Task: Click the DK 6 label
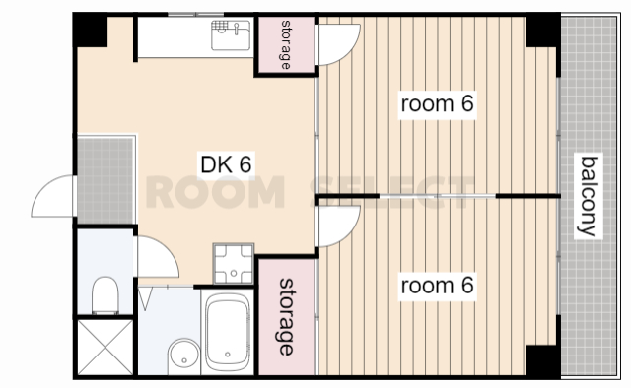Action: click(x=226, y=164)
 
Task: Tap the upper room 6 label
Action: click(x=437, y=103)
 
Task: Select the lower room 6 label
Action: click(x=437, y=285)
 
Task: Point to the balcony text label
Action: click(x=589, y=196)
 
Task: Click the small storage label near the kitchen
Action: click(x=285, y=44)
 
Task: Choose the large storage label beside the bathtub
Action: click(x=286, y=317)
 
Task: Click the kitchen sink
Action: click(x=231, y=35)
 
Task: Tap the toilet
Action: click(x=105, y=294)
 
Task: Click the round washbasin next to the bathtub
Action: click(x=184, y=356)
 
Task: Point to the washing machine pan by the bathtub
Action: click(x=234, y=263)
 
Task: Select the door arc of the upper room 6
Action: click(x=349, y=50)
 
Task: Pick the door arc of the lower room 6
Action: click(x=349, y=232)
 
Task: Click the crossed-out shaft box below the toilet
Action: click(x=105, y=347)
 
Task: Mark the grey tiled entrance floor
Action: click(x=105, y=180)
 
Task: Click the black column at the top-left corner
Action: click(x=90, y=31)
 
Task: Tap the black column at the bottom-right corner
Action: click(x=543, y=361)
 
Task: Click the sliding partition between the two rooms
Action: click(x=438, y=196)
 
